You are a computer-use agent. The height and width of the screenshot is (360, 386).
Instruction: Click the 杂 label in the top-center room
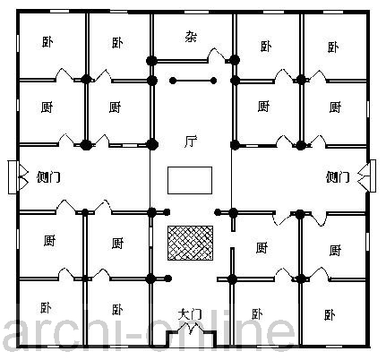click(191, 36)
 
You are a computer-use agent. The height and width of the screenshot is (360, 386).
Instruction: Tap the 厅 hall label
click(191, 141)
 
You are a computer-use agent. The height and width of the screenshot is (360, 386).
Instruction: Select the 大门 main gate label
click(190, 314)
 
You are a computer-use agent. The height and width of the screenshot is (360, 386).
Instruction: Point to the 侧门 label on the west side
click(48, 177)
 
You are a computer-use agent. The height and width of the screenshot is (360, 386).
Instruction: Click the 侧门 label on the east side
click(338, 177)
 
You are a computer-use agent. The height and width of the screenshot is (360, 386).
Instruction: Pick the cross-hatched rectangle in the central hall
click(190, 243)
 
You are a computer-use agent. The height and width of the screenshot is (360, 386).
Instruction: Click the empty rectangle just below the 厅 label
click(190, 180)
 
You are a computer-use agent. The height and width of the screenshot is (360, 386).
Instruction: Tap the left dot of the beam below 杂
click(173, 81)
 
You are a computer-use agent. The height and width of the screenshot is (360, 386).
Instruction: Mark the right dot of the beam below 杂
click(213, 81)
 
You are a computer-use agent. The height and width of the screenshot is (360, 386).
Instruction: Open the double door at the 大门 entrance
click(191, 330)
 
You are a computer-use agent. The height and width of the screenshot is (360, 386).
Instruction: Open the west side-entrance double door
click(23, 177)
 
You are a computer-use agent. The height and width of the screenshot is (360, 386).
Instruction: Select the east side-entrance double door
click(363, 177)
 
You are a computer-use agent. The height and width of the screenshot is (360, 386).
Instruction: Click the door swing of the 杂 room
click(217, 55)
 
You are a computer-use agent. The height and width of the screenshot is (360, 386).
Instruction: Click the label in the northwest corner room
click(47, 42)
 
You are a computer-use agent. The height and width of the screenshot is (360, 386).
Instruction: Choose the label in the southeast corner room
click(330, 314)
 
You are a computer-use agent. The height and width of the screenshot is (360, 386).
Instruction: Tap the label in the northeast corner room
click(333, 47)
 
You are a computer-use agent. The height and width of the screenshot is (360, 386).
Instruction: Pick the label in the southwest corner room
click(46, 307)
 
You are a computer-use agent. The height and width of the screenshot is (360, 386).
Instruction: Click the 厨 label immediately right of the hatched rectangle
click(262, 247)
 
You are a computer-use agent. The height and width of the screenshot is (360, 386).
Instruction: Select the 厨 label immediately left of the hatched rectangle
click(117, 244)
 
